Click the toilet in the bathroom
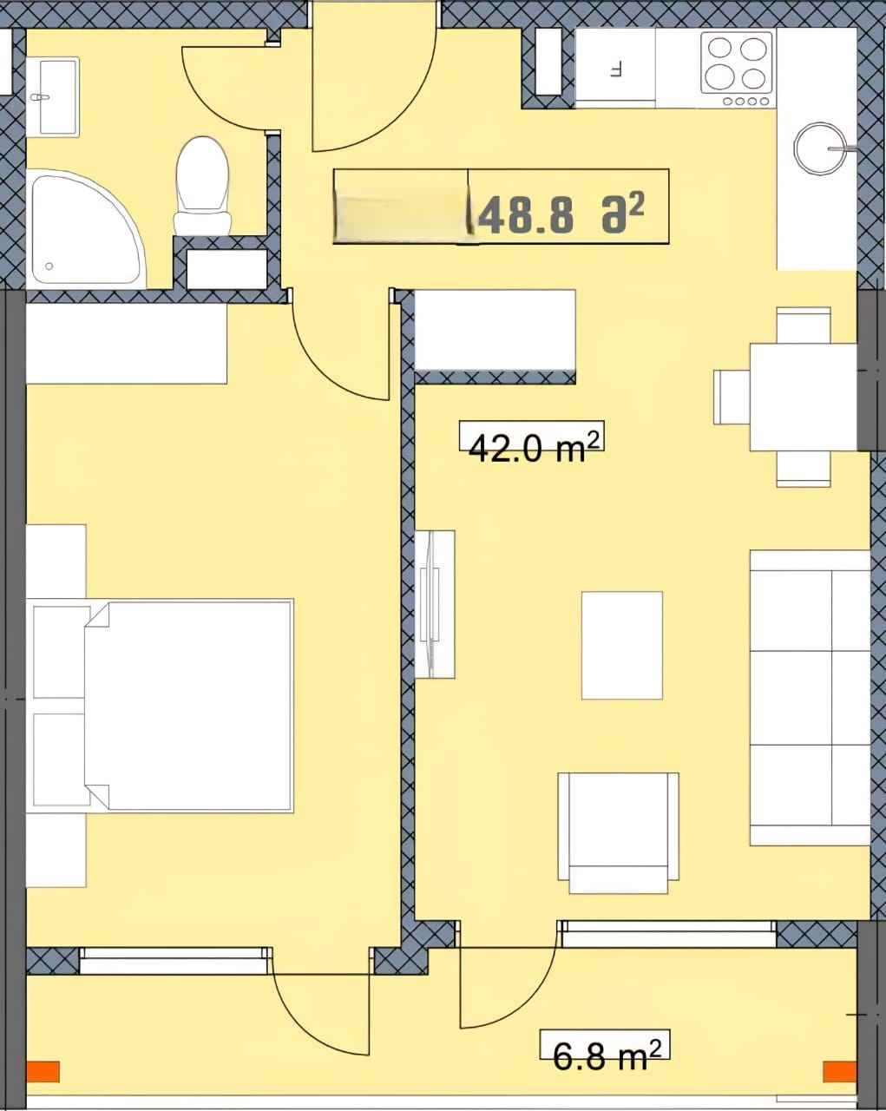(x=202, y=187)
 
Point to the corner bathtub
(x=85, y=229)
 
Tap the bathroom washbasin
(x=52, y=97)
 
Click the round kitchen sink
(x=820, y=148)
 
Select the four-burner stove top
(x=737, y=69)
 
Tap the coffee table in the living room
(x=621, y=645)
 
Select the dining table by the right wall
(x=804, y=397)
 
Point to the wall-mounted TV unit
(x=435, y=604)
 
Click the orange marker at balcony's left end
(x=43, y=1071)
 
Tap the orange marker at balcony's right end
(x=839, y=1071)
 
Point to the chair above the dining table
(x=804, y=325)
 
